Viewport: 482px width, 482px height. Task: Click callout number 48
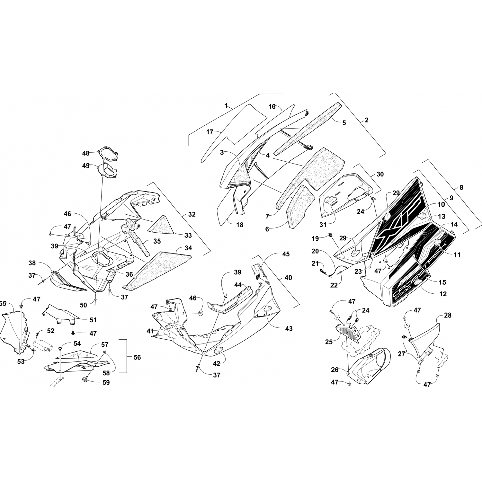tap(86, 153)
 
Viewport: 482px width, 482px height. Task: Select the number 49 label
tap(86, 166)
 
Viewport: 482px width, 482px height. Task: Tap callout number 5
tap(344, 123)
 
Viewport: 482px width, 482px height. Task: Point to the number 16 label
tap(272, 107)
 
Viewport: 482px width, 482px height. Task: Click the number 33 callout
tap(188, 236)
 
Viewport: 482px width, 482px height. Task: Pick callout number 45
tap(285, 254)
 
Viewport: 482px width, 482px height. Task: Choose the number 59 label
tap(106, 382)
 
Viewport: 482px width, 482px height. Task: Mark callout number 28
tap(448, 316)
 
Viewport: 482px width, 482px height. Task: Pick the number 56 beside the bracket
tap(137, 357)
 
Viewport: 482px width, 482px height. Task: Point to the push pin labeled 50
tap(96, 300)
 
